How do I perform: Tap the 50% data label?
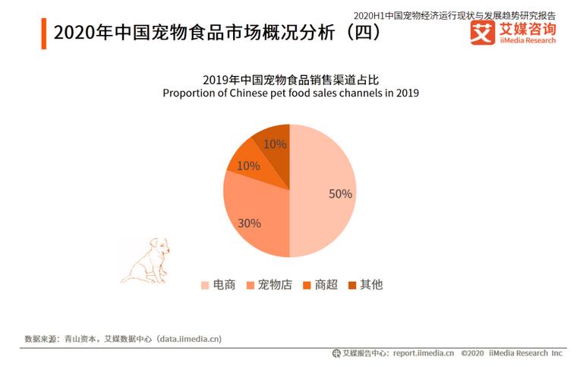[340, 194]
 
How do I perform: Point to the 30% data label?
[249, 223]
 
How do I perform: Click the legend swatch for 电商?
[204, 286]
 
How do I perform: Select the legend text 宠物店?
[275, 285]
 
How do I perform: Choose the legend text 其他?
[371, 285]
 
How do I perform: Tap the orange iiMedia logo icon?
[482, 33]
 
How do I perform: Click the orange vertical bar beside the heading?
[43, 33]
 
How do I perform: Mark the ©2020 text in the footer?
[472, 353]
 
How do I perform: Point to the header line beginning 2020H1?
[455, 14]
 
